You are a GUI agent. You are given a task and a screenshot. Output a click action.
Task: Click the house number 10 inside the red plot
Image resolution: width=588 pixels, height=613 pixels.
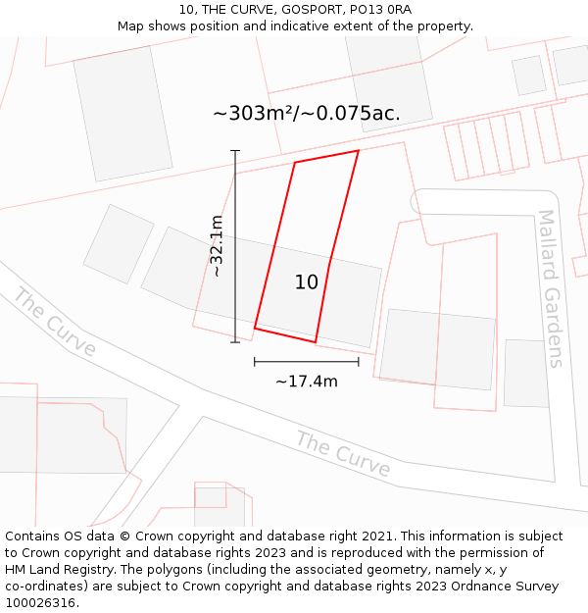307,282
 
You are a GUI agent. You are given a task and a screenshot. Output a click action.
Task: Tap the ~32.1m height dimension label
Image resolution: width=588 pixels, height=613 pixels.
217,246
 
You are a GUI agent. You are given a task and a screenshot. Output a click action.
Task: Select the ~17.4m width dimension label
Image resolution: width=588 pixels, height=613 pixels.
306,382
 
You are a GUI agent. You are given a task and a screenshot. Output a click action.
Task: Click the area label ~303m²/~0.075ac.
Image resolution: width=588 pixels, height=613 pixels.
306,114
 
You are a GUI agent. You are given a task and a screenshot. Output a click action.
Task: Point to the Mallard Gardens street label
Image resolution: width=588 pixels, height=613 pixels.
552,288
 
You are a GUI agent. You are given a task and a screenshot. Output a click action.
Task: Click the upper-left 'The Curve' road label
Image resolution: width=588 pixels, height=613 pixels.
55,323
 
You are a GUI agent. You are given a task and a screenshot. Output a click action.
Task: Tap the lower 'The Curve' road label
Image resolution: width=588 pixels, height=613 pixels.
343,454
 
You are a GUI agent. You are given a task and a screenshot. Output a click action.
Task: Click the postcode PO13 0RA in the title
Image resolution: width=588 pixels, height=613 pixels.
376,10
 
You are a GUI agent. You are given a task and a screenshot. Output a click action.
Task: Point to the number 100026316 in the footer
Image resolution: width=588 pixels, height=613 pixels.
39,603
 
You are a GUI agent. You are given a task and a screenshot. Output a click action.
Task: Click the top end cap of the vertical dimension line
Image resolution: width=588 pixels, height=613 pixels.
235,151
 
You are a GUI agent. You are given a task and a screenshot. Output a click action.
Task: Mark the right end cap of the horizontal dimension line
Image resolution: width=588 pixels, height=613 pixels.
359,362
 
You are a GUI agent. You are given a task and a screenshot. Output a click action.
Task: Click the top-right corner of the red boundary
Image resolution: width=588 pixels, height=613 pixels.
359,150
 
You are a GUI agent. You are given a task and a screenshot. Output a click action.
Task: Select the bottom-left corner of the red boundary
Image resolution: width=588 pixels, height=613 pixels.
255,328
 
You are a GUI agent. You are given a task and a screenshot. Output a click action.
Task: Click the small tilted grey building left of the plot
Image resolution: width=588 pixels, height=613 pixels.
119,244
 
